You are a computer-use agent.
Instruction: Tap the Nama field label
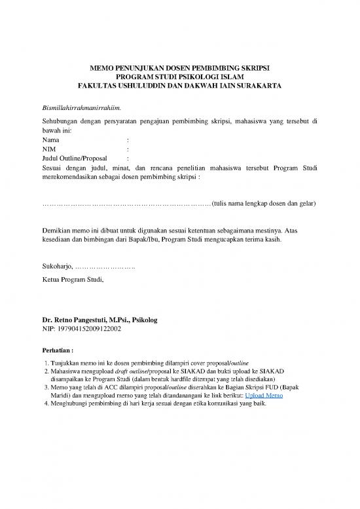pyautogui.click(x=50, y=140)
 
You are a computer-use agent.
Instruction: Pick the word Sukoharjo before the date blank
pyautogui.click(x=57, y=267)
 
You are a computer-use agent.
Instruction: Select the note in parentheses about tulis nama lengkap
pyautogui.click(x=264, y=204)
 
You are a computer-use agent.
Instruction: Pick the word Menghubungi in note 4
pyautogui.click(x=69, y=404)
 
